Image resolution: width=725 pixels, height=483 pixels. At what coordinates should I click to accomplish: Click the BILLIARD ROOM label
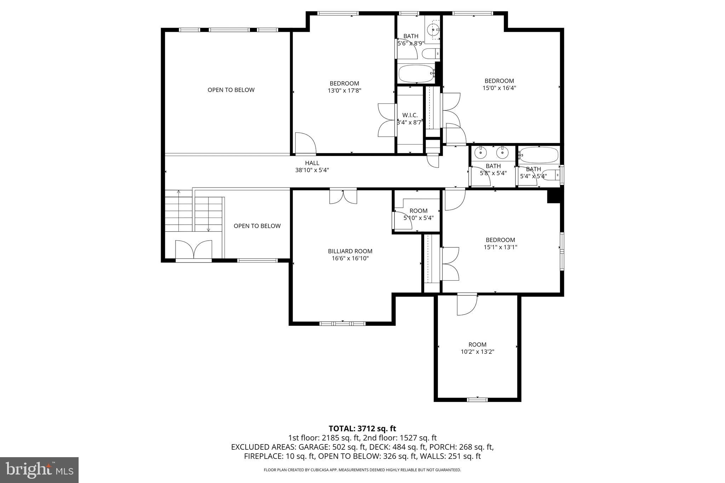tap(350, 251)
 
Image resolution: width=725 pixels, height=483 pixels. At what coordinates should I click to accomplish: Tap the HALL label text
tap(312, 163)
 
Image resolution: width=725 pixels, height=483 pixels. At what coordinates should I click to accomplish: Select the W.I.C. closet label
tap(410, 115)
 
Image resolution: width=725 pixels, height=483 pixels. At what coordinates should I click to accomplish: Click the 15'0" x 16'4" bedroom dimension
tap(499, 88)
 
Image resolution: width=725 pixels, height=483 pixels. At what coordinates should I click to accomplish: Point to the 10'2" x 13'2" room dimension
tap(477, 352)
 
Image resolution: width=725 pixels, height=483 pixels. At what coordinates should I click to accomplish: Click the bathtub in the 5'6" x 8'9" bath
tap(416, 74)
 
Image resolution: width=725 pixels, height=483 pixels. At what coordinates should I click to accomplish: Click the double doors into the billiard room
tap(343, 196)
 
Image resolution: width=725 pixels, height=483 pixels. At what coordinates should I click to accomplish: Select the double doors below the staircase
tap(194, 251)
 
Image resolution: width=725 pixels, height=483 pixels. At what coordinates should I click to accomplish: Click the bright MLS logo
tap(39, 470)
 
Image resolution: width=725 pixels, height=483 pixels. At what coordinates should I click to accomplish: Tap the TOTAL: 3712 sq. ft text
tap(362, 429)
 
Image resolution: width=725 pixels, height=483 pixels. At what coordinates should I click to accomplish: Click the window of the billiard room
tap(342, 323)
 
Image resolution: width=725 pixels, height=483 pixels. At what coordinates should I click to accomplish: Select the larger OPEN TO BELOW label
tap(231, 90)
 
